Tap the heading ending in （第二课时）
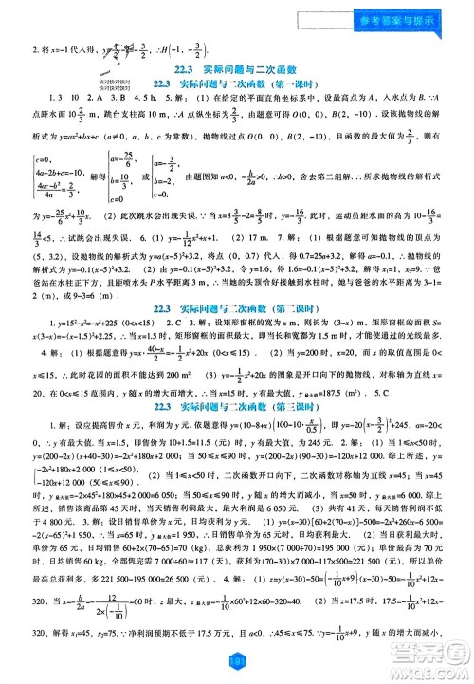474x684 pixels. click(237, 334)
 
